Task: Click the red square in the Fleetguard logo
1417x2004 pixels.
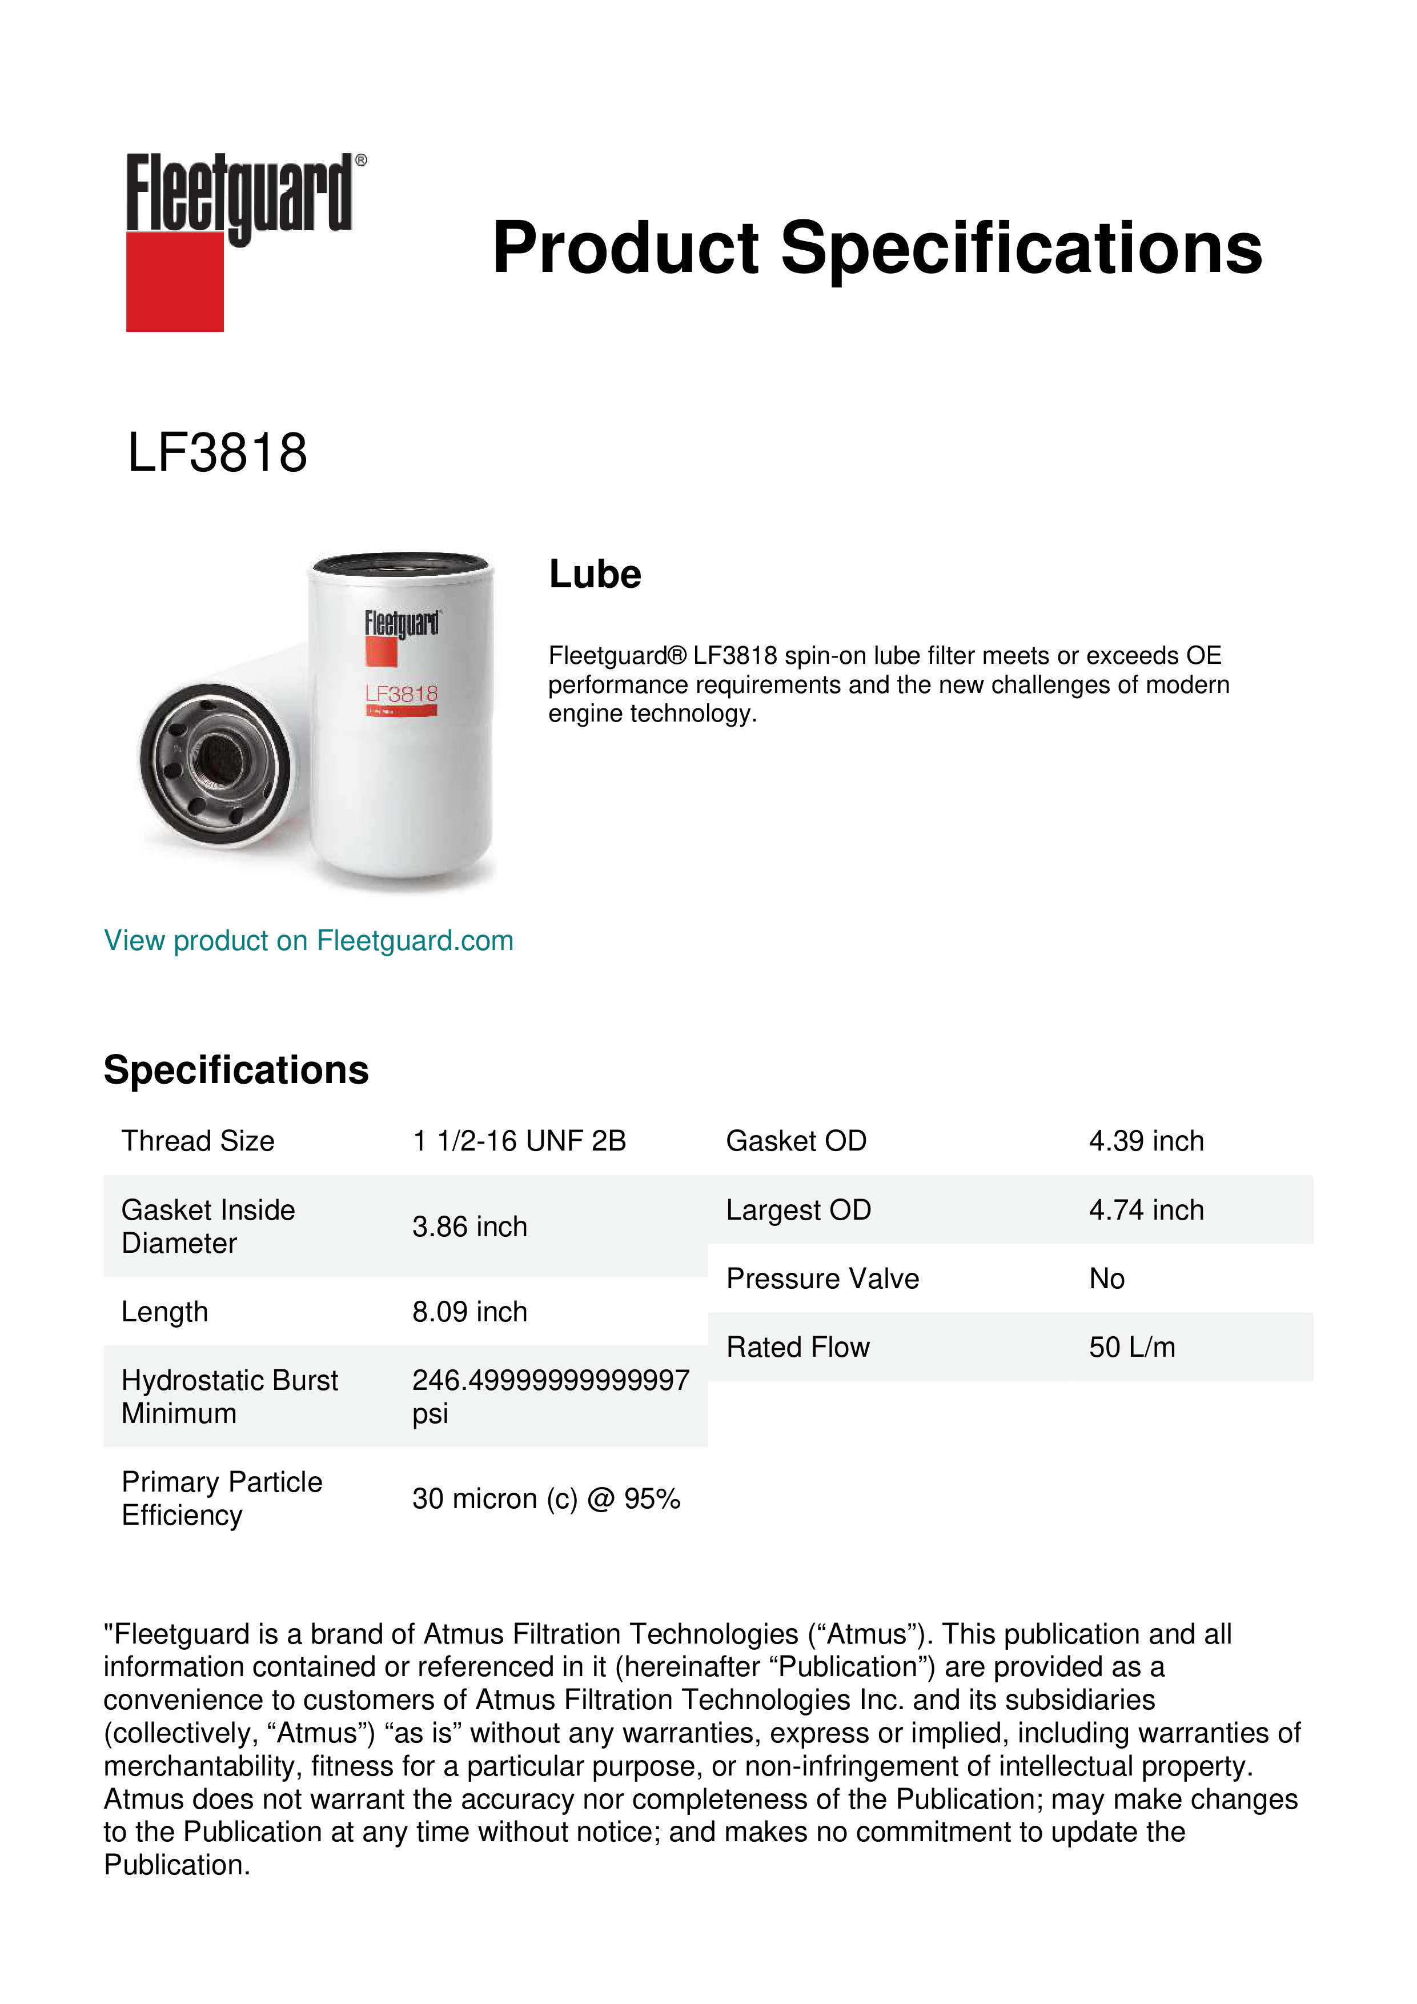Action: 175,281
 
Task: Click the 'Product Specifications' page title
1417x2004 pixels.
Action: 877,248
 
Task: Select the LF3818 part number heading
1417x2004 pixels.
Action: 217,453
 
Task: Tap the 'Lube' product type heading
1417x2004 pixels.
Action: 595,574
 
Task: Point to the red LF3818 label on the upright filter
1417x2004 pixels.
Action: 402,694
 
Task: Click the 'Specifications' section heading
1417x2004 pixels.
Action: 235,1070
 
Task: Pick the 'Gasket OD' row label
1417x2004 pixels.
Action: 796,1141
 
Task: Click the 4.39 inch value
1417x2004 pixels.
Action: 1146,1141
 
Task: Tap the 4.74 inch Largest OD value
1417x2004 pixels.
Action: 1146,1210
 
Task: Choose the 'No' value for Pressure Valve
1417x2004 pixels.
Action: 1106,1278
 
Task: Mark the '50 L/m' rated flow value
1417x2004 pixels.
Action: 1131,1348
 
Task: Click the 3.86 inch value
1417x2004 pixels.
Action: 469,1227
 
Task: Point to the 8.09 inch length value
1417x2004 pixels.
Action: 469,1312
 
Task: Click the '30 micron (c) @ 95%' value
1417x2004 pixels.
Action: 546,1498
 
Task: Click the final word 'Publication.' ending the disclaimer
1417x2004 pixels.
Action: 177,1865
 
